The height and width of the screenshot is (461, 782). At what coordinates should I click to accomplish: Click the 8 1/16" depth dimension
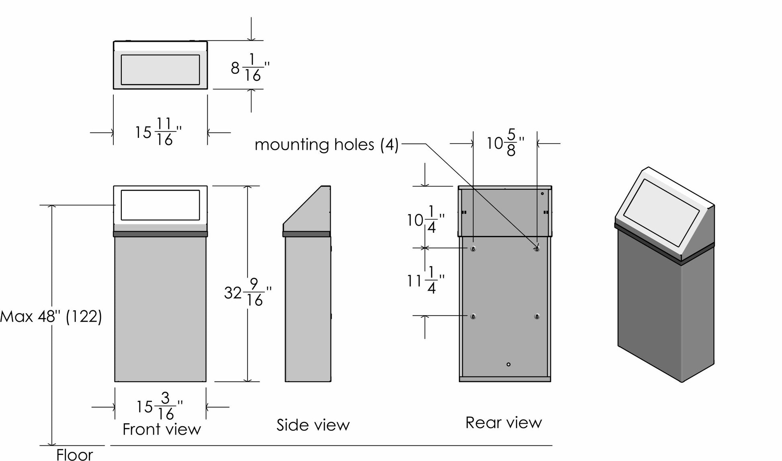coord(250,68)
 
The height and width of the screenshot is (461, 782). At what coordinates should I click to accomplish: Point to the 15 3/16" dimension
coord(159,407)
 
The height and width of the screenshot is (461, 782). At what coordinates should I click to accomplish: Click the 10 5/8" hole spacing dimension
coord(505,143)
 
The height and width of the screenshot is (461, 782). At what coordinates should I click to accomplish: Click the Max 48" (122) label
coord(51,317)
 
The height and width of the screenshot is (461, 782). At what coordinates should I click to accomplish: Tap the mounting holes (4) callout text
coord(326,144)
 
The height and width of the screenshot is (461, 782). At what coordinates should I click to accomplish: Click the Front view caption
coord(162,429)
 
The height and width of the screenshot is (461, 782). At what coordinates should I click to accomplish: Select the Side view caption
coord(313,425)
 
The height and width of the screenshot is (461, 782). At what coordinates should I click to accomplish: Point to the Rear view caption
coord(504,422)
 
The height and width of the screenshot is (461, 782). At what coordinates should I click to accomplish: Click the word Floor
coord(74,455)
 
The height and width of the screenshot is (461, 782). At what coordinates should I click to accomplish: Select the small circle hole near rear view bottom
coord(508,364)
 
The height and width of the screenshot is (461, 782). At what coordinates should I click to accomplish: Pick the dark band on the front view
coord(160,234)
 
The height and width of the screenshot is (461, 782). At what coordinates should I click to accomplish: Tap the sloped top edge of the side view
coord(302,205)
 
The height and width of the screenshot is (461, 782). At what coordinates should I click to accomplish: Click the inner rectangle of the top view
coord(160,70)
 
